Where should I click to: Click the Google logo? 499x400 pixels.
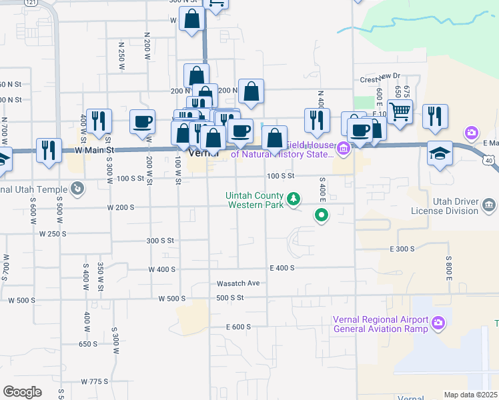click(x=22, y=392)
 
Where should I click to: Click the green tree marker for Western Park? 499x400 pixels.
click(x=292, y=199)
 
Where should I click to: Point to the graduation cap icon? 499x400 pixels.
click(x=440, y=153)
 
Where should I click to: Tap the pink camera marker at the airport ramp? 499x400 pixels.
click(x=438, y=323)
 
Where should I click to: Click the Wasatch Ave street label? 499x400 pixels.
click(x=237, y=283)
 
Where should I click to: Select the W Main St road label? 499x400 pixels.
click(x=90, y=151)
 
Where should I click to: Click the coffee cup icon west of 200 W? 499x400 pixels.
click(x=143, y=122)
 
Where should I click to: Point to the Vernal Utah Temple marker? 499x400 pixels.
click(x=79, y=189)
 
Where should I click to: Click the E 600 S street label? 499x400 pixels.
click(x=238, y=327)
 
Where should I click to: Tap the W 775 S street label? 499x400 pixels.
click(x=94, y=381)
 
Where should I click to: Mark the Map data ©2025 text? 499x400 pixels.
click(x=471, y=395)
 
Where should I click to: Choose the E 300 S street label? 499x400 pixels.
click(x=402, y=249)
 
